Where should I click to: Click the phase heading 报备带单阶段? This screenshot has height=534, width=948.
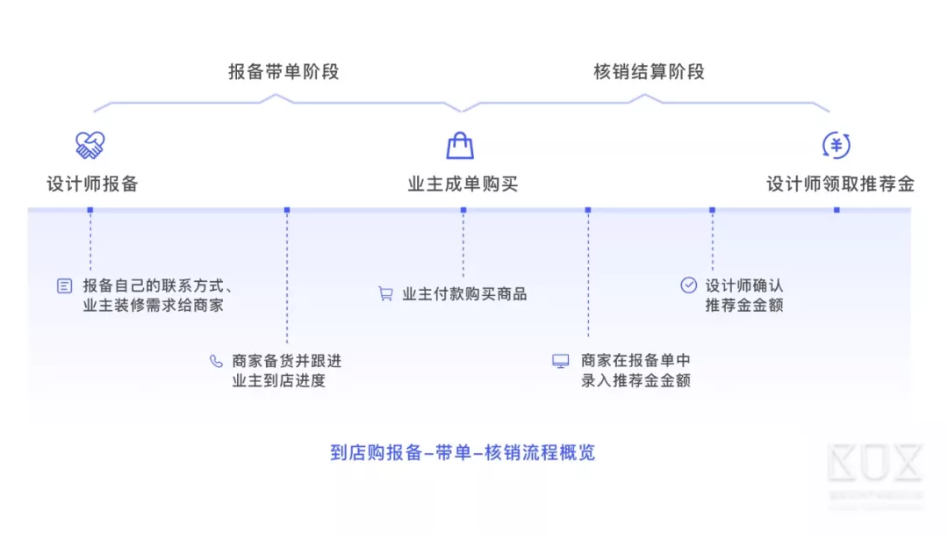[284, 72]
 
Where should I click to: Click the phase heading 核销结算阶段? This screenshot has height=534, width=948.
[649, 72]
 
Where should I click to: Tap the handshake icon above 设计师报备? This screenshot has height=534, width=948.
[90, 145]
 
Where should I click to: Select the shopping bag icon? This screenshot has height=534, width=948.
[460, 145]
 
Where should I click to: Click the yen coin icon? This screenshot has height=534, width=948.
[836, 145]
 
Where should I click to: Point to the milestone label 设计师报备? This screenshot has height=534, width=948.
[92, 184]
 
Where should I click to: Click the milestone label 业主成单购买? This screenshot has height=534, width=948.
[463, 184]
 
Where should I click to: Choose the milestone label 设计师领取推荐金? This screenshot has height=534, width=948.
[840, 184]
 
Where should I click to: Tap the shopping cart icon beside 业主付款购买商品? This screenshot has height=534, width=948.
[385, 294]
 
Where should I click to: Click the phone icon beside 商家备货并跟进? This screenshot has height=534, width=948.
[216, 361]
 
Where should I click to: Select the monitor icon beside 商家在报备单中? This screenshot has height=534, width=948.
[560, 361]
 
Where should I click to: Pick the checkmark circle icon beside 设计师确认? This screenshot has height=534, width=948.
[689, 285]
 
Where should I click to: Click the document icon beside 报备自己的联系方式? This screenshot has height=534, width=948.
[65, 285]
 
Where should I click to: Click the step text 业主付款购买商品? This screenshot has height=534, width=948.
[464, 294]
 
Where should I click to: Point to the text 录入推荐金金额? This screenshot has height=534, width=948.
[636, 381]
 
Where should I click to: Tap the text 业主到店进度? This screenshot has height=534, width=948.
[278, 381]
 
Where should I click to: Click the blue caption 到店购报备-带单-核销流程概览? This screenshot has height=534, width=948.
[463, 453]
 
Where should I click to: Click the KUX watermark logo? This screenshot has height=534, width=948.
[874, 465]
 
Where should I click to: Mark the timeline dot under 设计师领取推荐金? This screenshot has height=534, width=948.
[837, 210]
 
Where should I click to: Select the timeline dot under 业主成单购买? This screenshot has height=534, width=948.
[463, 210]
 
